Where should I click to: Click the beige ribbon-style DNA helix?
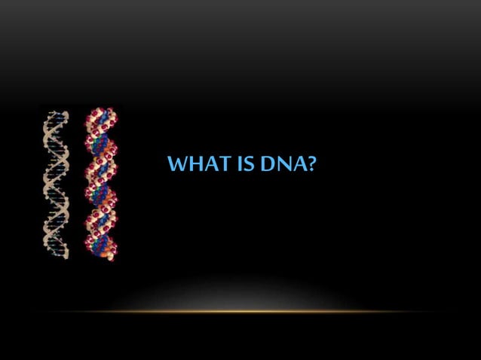[x=56, y=185]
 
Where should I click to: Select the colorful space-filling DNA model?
[x=100, y=185]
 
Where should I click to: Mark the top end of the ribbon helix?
[x=56, y=114]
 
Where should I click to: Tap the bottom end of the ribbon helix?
[x=56, y=257]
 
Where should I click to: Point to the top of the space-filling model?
[x=100, y=111]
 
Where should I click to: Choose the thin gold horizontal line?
[x=240, y=311]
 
